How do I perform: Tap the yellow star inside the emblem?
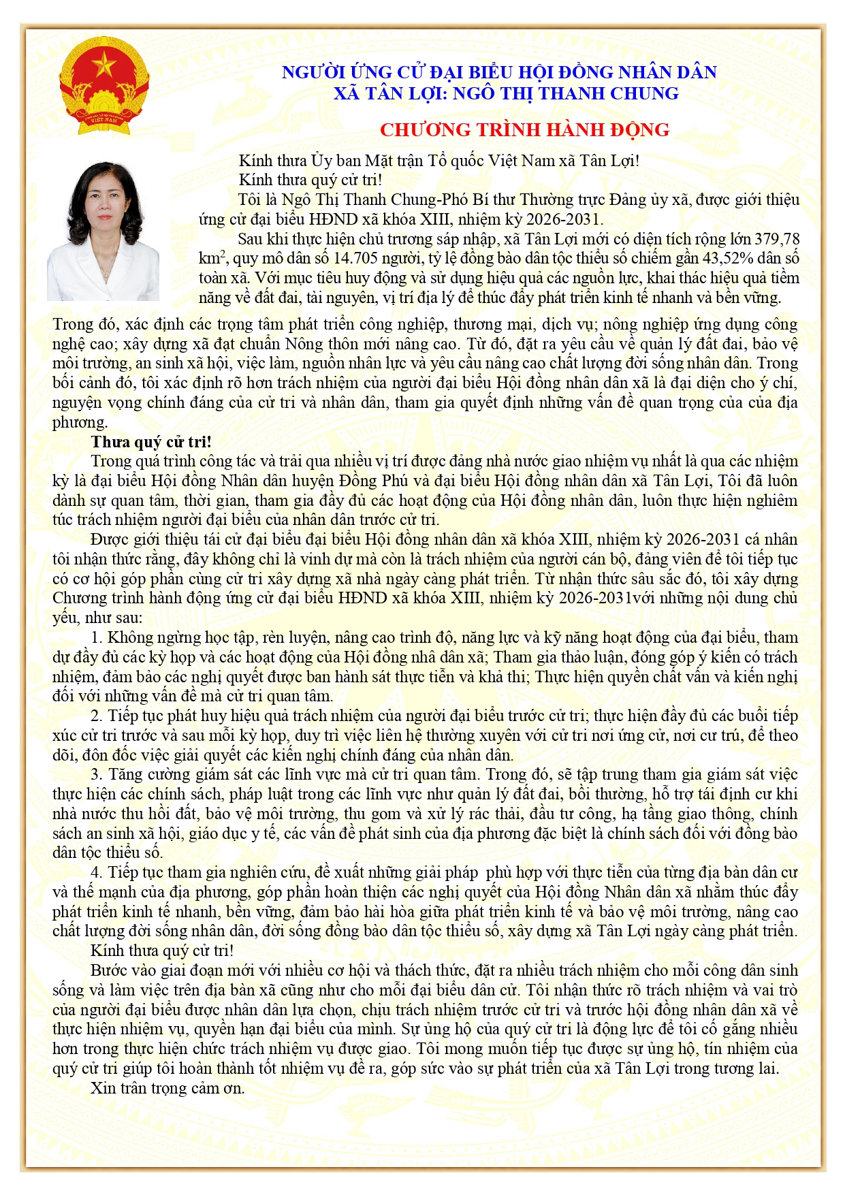tap(103, 67)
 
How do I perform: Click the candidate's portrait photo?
tap(103, 232)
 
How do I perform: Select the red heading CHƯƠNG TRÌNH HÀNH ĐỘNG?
tap(524, 129)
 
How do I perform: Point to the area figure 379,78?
tap(776, 239)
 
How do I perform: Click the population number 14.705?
tap(356, 259)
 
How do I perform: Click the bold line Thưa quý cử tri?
tap(151, 441)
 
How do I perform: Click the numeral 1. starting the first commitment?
tap(96, 637)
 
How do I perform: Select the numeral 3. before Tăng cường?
tap(96, 774)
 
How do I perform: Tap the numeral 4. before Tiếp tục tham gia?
tap(96, 872)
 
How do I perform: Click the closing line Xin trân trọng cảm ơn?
tap(168, 1087)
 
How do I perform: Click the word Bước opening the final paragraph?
tap(109, 970)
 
